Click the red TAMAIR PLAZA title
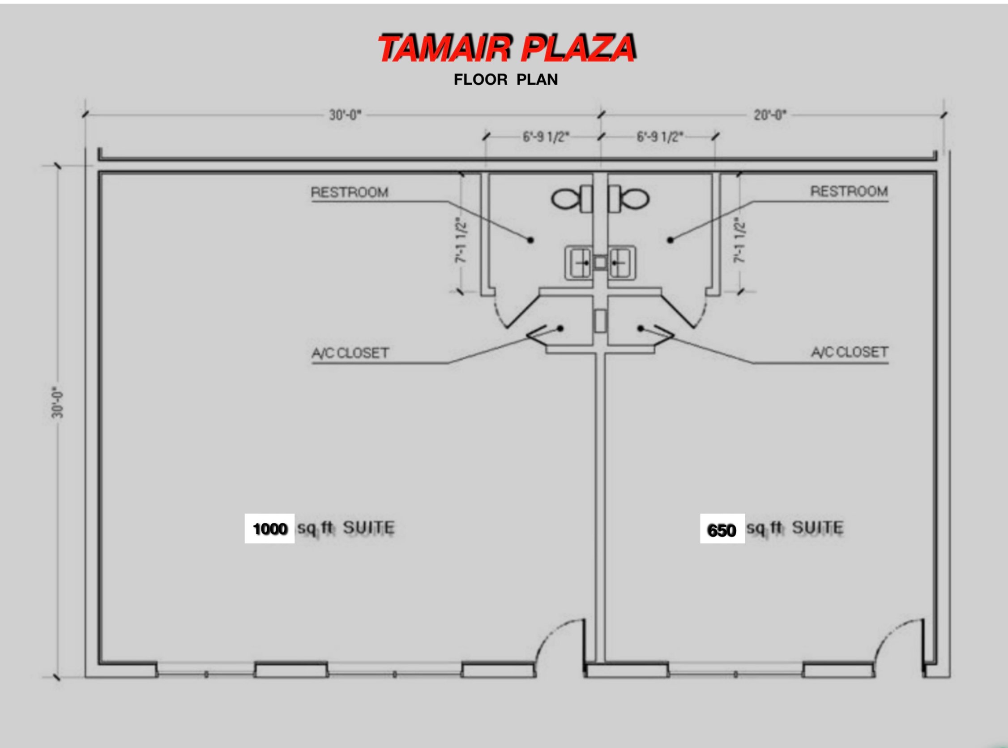507,48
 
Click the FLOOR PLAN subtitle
506,80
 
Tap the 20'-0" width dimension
770,115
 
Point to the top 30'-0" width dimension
345,115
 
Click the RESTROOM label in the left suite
350,193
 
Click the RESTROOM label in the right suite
849,192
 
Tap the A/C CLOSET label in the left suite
350,353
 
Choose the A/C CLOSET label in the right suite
849,352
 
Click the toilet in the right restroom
629,199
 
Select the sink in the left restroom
579,262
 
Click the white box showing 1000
269,529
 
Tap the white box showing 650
722,529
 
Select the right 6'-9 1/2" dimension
659,136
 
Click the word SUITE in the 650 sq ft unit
818,528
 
